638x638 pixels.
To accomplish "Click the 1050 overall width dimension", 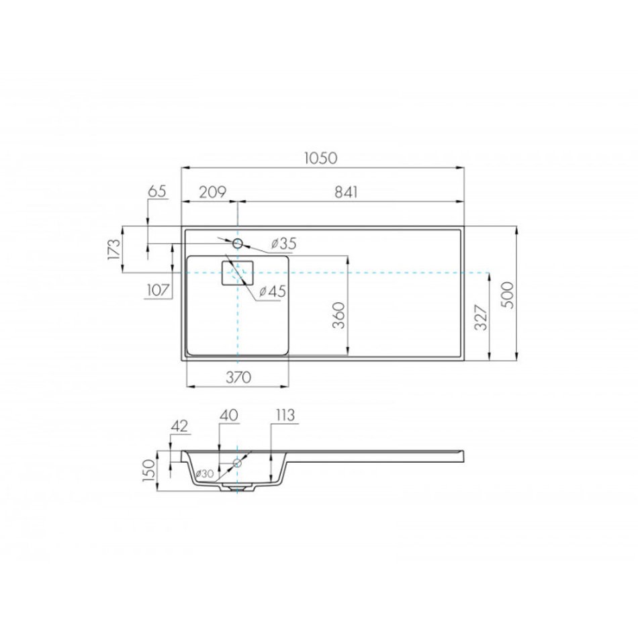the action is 321,158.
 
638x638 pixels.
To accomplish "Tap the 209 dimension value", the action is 212,191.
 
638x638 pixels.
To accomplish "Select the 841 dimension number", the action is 346,191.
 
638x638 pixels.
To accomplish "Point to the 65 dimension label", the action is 157,191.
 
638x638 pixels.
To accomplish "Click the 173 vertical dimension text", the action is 114,248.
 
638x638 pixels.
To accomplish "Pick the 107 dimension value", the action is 158,290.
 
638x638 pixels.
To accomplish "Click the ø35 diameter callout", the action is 283,244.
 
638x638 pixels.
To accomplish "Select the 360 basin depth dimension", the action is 339,316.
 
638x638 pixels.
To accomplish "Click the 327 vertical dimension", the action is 481,317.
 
